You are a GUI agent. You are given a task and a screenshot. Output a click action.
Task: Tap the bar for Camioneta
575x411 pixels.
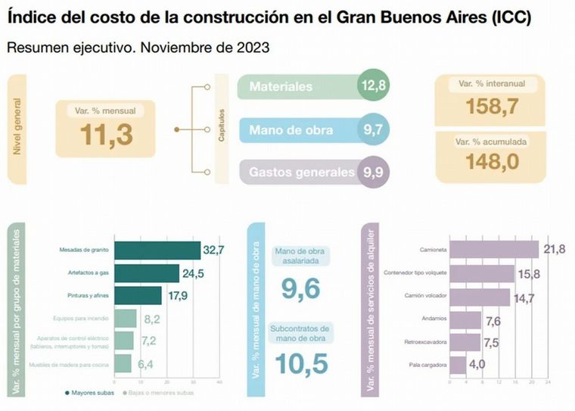click(495, 249)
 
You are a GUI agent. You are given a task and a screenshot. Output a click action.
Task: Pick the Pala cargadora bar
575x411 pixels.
click(456, 366)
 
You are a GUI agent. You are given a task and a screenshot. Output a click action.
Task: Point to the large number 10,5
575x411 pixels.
click(301, 364)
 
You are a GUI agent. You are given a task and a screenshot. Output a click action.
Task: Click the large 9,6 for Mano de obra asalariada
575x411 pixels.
click(300, 289)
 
